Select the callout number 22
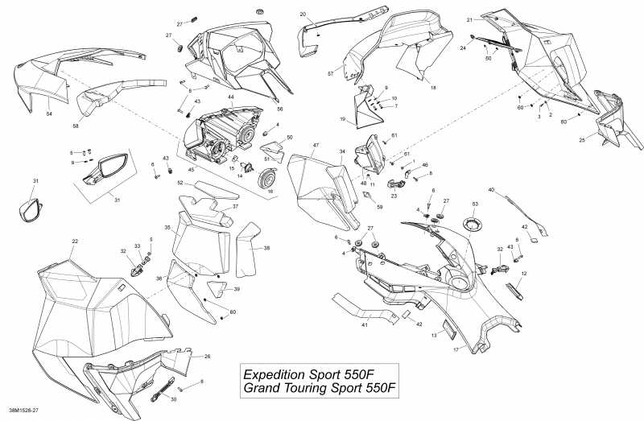[x=75, y=241]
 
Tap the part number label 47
[x=305, y=145]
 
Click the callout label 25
[x=582, y=139]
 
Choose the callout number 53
[x=475, y=204]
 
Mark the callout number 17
[x=456, y=350]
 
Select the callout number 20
[x=303, y=14]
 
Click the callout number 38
[x=266, y=249]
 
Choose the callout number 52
[x=181, y=184]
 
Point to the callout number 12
[x=523, y=274]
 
